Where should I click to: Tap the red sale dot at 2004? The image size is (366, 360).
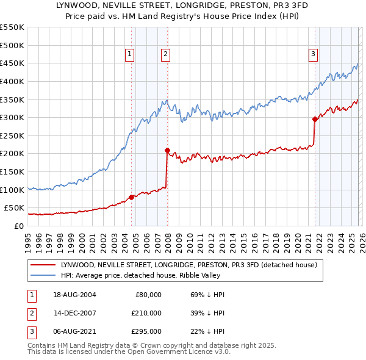[x=132, y=197]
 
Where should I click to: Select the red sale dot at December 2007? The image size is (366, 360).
[x=167, y=150]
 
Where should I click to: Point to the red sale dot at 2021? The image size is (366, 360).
[x=315, y=120]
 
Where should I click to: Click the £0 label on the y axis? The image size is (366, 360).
[x=18, y=226]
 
